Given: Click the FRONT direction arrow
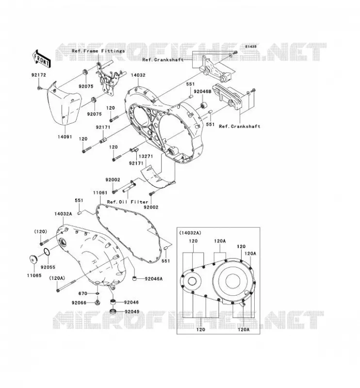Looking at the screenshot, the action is click(x=41, y=58).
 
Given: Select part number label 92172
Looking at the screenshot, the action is click(x=39, y=75).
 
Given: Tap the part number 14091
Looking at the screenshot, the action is click(x=65, y=137).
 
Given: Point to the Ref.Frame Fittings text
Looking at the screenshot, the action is click(x=98, y=51).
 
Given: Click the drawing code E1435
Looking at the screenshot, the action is click(x=251, y=47).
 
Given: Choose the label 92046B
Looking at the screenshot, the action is click(x=202, y=92).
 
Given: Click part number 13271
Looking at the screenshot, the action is click(x=146, y=156).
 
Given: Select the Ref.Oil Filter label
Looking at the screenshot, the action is click(x=128, y=202).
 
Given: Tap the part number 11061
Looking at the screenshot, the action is click(x=100, y=193).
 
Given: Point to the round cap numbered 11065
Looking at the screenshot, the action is click(x=33, y=259).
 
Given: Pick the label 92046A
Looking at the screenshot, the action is click(x=154, y=279).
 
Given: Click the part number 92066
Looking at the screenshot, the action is click(x=79, y=303).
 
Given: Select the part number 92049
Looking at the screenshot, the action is click(x=132, y=311).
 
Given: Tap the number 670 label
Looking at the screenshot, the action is click(x=82, y=293).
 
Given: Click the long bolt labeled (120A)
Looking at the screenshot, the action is click(x=66, y=285).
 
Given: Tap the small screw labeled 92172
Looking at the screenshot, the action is click(x=39, y=88).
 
